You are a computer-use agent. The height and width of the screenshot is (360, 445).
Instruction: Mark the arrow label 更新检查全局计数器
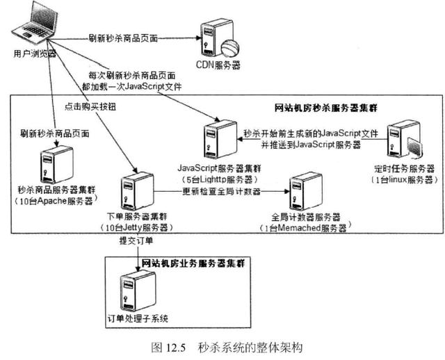coord(221,191)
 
